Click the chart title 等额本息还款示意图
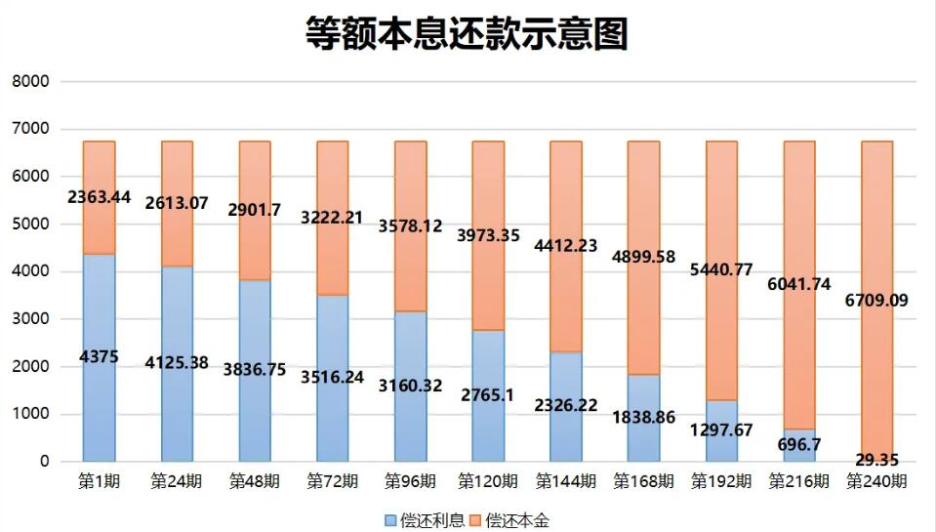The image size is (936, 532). tap(468, 33)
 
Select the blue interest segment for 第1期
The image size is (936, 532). tap(99, 410)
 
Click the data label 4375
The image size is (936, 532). tap(99, 357)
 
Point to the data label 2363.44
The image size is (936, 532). tap(99, 197)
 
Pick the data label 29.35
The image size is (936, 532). tap(876, 460)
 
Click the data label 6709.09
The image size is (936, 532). tap(876, 300)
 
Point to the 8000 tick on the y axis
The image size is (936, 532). tap(30, 82)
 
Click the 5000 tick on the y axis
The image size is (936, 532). tap(30, 225)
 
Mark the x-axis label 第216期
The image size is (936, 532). tap(798, 481)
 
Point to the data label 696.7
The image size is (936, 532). tap(798, 445)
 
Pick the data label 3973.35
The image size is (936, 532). tap(488, 235)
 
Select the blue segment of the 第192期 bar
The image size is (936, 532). tap(720, 434)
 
